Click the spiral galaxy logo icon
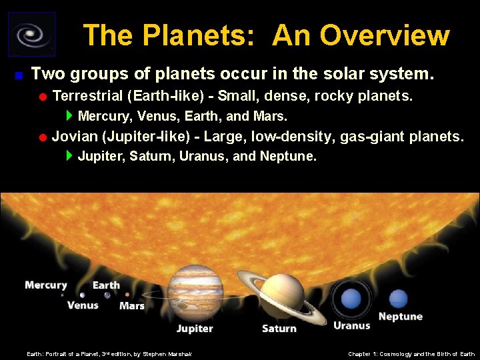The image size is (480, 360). [31, 34]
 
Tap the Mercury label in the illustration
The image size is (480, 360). [46, 285]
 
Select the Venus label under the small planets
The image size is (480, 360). [83, 305]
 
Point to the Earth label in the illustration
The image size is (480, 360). [106, 285]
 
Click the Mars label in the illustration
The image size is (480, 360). [131, 306]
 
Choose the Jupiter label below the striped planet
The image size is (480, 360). [195, 328]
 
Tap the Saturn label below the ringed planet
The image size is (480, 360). [279, 328]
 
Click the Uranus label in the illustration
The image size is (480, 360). [351, 325]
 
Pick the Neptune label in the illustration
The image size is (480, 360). [400, 316]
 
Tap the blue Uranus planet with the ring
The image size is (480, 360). [351, 299]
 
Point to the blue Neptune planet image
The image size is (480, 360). [398, 298]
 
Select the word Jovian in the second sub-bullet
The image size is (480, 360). [72, 137]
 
